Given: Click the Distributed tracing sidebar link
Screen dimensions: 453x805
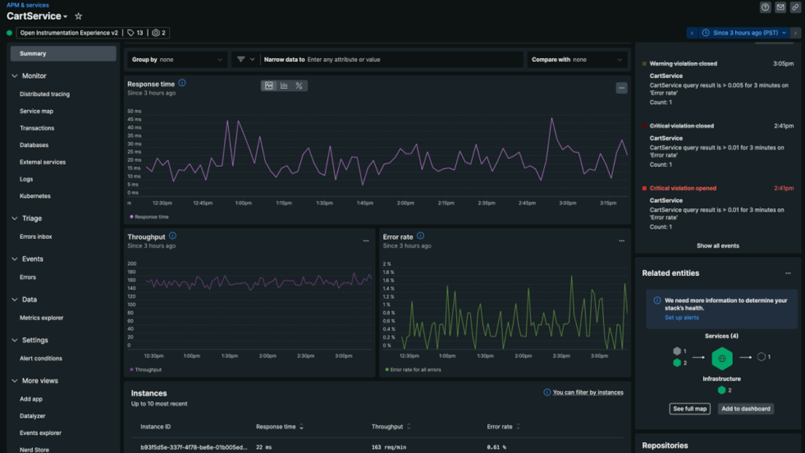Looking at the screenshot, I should tap(45, 94).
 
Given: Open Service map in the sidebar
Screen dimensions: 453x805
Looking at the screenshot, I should tap(36, 111).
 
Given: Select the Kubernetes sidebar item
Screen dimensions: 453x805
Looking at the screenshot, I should tap(35, 196).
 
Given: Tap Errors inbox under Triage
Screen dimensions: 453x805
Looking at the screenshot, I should tap(35, 237).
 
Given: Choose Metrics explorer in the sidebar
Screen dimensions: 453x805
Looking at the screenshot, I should tap(42, 318).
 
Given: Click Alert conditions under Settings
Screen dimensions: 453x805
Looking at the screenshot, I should tap(41, 359).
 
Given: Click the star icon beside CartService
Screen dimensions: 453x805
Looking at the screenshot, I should tap(78, 17).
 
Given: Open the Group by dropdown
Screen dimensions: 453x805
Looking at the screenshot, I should tap(177, 60).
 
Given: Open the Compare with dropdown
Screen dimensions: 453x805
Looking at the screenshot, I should tap(577, 60).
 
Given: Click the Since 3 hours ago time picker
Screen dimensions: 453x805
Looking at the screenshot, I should tap(744, 33).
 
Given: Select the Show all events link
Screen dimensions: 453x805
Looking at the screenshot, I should tap(718, 246).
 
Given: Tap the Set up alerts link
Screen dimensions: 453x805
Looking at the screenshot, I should tap(682, 318).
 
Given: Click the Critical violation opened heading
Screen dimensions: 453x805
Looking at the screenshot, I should tap(683, 189).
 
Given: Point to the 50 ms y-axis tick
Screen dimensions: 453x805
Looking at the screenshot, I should tap(134, 111).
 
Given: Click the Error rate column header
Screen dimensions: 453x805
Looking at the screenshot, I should tap(500, 427).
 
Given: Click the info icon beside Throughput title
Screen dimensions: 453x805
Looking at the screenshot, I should tap(173, 236).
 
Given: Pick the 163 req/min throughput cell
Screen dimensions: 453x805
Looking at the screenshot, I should tap(387, 447).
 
